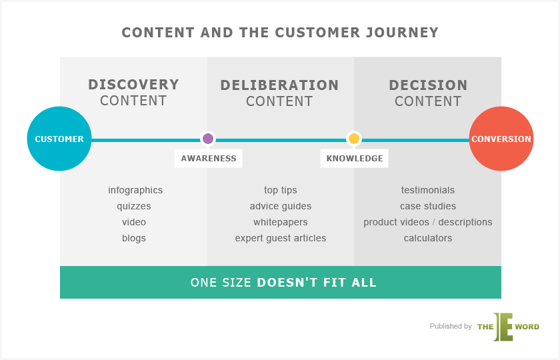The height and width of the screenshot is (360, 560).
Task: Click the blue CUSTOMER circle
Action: [59, 139]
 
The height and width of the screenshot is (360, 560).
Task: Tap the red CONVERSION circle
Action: [501, 139]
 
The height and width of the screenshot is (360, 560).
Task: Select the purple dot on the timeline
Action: [208, 139]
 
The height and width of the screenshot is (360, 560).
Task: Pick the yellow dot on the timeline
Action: [353, 139]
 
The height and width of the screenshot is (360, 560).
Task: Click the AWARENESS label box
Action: [208, 158]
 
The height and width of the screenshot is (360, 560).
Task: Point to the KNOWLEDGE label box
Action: [354, 158]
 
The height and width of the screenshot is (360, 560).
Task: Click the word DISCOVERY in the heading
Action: [133, 85]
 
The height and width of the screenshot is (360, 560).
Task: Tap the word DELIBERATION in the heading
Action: [279, 85]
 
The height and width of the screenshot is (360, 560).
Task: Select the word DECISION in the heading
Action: [428, 85]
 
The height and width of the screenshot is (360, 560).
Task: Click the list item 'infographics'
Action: [135, 190]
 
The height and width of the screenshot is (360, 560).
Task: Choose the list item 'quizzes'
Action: [134, 206]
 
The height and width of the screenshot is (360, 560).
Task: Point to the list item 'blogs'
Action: [134, 238]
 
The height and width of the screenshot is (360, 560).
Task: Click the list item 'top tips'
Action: [281, 190]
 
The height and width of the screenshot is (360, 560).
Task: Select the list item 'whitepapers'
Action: [281, 222]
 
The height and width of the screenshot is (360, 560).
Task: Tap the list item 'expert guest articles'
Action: [281, 238]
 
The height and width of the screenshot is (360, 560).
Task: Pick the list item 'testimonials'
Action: [428, 190]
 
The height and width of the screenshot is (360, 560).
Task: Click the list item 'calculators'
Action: [428, 238]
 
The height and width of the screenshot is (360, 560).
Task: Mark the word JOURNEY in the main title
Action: [402, 33]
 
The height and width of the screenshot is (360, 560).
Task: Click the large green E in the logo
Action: [503, 327]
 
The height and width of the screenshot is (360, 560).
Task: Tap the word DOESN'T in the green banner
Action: [287, 283]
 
